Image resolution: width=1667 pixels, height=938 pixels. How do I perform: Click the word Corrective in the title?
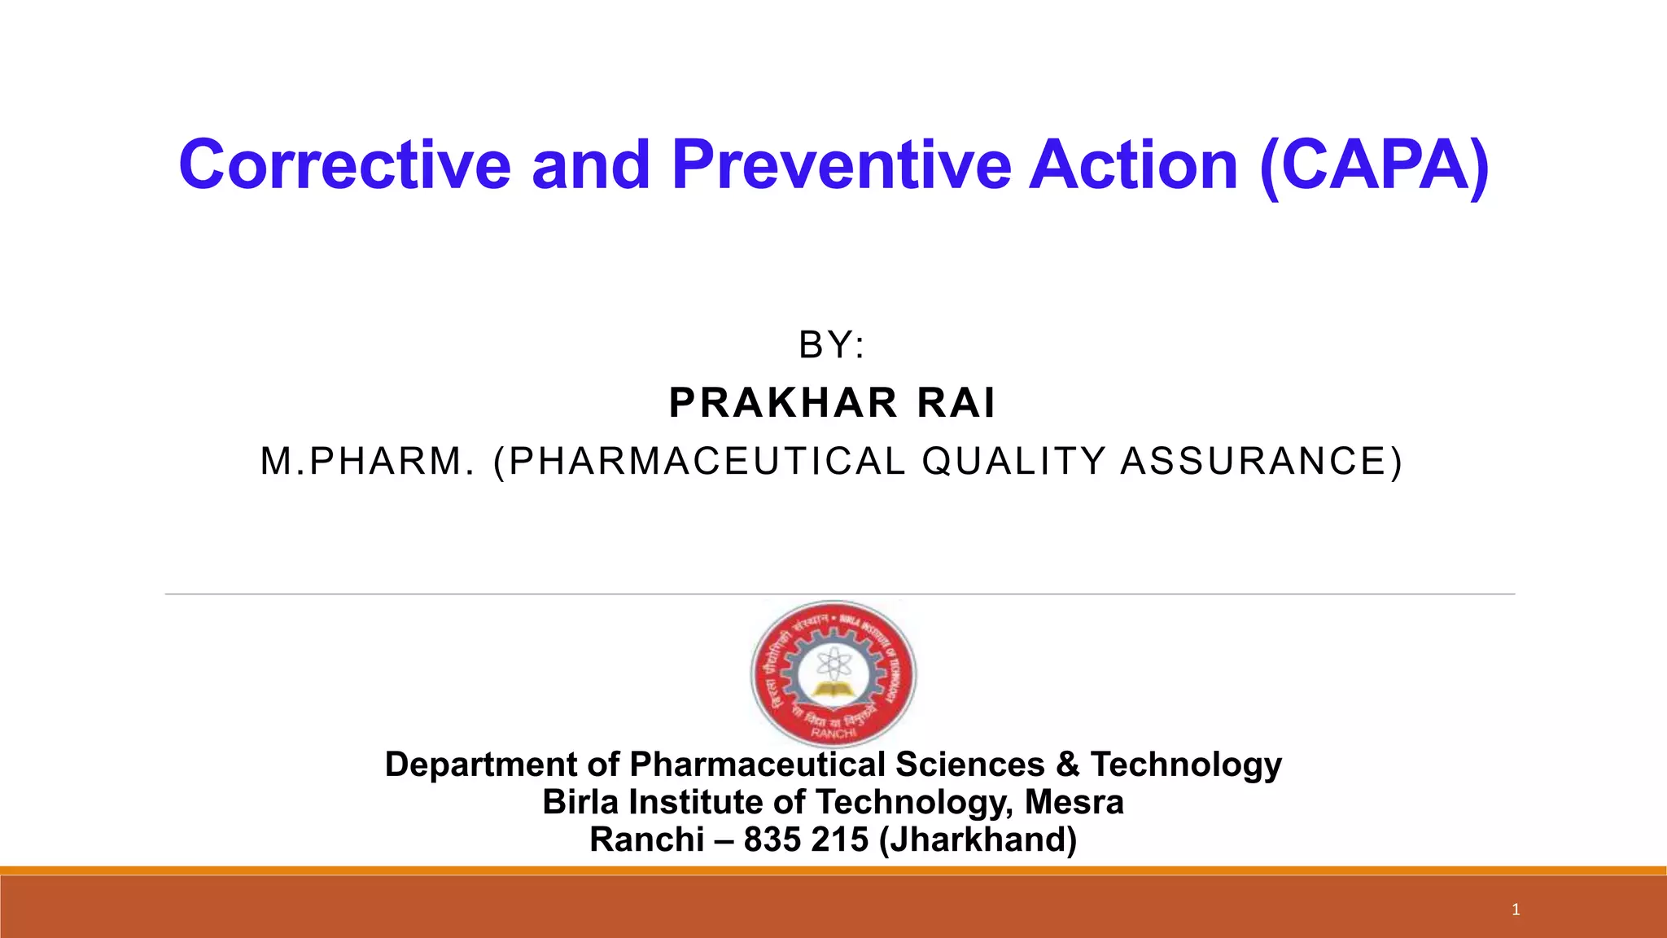pyautogui.click(x=344, y=165)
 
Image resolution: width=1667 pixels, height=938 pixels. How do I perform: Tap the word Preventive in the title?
pyautogui.click(x=842, y=165)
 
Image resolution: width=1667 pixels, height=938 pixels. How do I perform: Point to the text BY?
pyautogui.click(x=832, y=345)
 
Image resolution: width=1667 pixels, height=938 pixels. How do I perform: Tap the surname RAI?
pyautogui.click(x=956, y=403)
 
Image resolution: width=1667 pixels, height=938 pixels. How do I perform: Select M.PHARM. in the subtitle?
pyautogui.click(x=367, y=461)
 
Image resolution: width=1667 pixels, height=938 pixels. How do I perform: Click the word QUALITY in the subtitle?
pyautogui.click(x=1013, y=461)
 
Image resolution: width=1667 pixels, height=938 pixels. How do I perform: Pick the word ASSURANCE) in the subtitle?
pyautogui.click(x=1262, y=461)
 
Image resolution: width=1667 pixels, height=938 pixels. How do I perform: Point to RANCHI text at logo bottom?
pyautogui.click(x=833, y=733)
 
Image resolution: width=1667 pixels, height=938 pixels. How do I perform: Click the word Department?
pyautogui.click(x=481, y=765)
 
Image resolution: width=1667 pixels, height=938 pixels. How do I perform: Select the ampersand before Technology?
pyautogui.click(x=1067, y=765)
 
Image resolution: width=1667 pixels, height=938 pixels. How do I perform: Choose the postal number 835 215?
pyautogui.click(x=806, y=839)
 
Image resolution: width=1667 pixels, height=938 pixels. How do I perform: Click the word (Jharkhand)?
pyautogui.click(x=978, y=839)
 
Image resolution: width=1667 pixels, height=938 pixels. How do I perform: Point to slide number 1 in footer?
pyautogui.click(x=1516, y=910)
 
